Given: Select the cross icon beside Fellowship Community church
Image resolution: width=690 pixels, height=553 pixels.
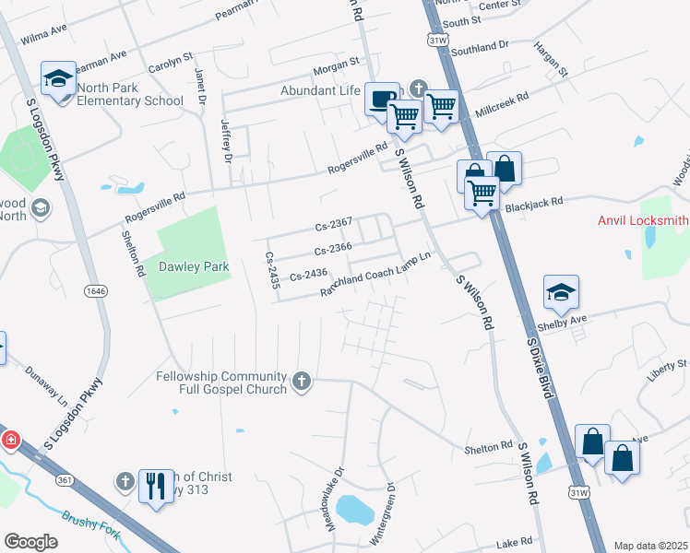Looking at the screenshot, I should pos(301,381).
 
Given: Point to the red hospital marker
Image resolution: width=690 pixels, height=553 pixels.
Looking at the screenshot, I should pos(10,441).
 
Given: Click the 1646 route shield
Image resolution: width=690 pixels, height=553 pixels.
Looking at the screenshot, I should pos(94,291).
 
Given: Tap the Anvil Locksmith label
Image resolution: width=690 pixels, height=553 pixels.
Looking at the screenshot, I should pos(643,220).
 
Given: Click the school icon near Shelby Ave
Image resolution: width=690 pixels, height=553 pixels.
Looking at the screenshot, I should pos(561,292).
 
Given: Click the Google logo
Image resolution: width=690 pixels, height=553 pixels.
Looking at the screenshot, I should pos(30,542).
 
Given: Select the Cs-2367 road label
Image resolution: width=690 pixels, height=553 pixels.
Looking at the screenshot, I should pos(334,224).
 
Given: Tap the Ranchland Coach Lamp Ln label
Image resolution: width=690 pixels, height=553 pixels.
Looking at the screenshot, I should pos(375,275).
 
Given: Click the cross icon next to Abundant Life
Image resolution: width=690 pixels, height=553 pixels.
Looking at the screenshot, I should pos(417,89).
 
